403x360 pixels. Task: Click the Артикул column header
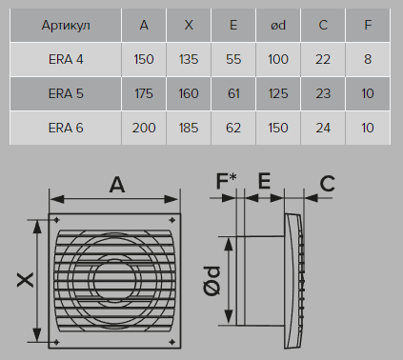66,25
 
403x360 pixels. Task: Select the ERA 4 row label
66,59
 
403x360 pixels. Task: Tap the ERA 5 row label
66,93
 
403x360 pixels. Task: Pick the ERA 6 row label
66,128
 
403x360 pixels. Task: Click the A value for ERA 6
144,128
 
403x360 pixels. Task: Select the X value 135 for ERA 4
189,59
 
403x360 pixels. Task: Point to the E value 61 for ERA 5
233,93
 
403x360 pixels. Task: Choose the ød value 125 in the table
278,93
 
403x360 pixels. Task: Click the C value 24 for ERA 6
323,128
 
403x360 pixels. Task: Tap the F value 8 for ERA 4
368,59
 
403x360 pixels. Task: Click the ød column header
278,25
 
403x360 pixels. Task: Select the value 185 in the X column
189,128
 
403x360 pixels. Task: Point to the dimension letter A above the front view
117,185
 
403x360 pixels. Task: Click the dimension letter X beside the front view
26,280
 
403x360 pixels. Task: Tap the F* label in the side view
226,180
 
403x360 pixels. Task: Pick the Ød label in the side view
212,281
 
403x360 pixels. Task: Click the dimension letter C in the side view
328,183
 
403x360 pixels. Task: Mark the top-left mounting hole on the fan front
56,220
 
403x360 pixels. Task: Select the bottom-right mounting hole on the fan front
171,342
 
